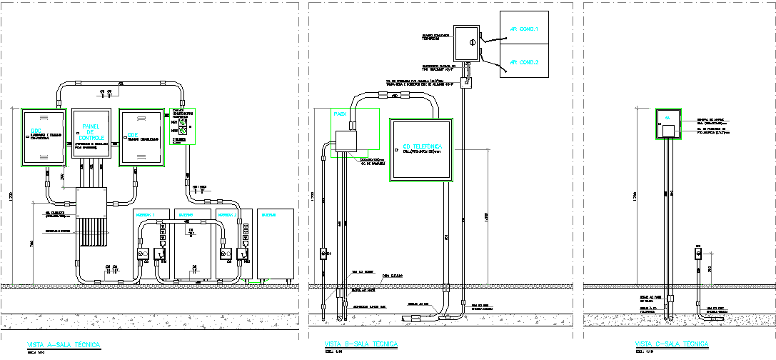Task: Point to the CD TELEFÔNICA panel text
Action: click(423, 145)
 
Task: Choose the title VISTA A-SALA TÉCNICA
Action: click(64, 344)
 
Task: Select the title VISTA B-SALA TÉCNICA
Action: click(361, 344)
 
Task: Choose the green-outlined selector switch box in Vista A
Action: click(182, 126)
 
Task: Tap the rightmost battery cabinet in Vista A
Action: click(276, 243)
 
